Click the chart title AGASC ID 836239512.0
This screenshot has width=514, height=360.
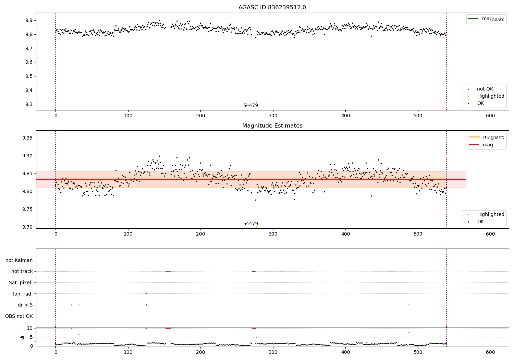click(x=272, y=8)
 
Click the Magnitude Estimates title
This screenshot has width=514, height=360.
click(x=272, y=126)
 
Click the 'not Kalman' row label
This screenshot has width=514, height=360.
click(x=19, y=261)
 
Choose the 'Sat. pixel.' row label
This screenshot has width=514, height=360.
click(x=21, y=283)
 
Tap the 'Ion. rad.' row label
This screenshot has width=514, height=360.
click(x=23, y=294)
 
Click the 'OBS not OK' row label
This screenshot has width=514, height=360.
click(x=19, y=316)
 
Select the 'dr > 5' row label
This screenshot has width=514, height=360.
click(x=25, y=305)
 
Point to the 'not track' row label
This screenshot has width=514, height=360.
click(x=22, y=272)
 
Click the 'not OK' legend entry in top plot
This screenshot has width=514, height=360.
click(x=485, y=89)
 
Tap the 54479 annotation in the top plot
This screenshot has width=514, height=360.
click(x=250, y=106)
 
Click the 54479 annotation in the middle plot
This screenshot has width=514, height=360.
click(x=250, y=224)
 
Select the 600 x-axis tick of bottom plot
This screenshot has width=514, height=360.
click(x=490, y=352)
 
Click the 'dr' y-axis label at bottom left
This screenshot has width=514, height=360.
click(x=22, y=337)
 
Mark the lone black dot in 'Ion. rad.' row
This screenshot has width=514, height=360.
click(x=146, y=294)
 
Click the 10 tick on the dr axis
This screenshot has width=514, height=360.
click(x=29, y=328)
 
